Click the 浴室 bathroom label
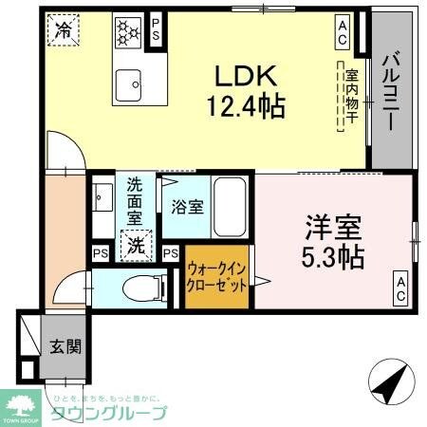tap(187, 207)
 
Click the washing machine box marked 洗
tap(136, 245)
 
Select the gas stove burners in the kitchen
tap(127, 30)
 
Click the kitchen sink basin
tap(128, 86)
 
